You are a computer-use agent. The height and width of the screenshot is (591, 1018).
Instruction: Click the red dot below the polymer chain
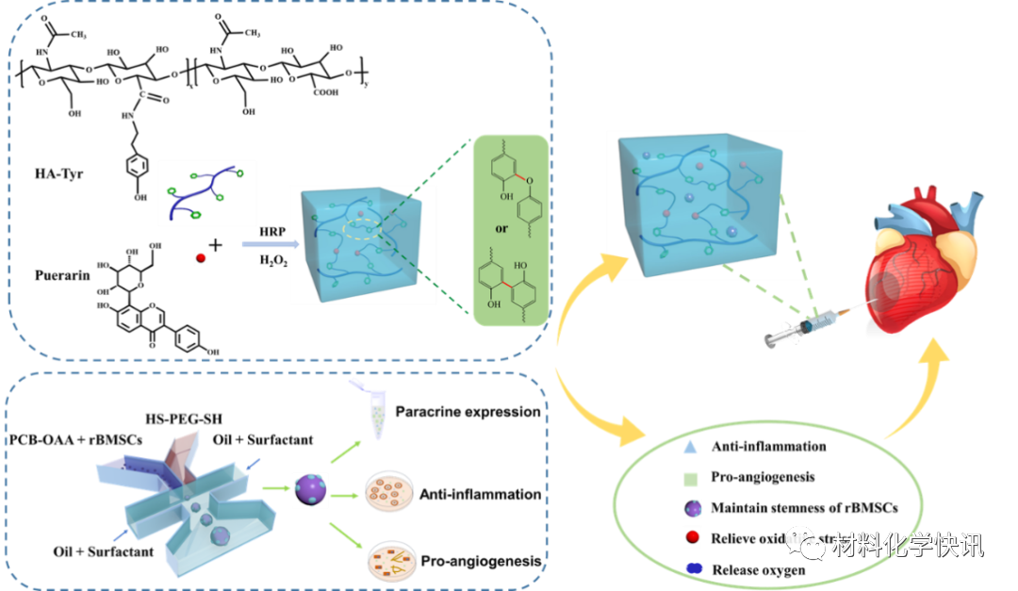(201, 258)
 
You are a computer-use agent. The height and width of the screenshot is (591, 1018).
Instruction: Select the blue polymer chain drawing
(206, 193)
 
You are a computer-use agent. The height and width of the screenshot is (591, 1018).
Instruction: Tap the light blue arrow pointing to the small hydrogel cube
(269, 245)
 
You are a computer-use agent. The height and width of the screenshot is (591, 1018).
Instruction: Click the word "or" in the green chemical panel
(509, 229)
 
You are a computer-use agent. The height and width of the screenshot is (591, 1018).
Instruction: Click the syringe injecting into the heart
(806, 327)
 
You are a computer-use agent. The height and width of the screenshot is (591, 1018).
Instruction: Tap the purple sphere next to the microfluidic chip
(310, 489)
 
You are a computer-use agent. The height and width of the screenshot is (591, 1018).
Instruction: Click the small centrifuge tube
(374, 410)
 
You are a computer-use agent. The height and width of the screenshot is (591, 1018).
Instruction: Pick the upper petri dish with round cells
(389, 490)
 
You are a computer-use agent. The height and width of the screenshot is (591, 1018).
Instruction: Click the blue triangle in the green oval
(691, 447)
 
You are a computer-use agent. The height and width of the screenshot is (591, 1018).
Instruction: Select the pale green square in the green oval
(692, 478)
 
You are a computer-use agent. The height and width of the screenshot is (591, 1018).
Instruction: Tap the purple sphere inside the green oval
(693, 508)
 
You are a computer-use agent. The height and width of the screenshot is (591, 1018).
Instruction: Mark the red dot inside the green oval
(693, 538)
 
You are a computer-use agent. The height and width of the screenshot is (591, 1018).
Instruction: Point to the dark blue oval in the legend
(695, 567)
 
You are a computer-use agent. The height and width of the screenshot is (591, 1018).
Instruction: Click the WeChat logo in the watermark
(806, 542)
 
